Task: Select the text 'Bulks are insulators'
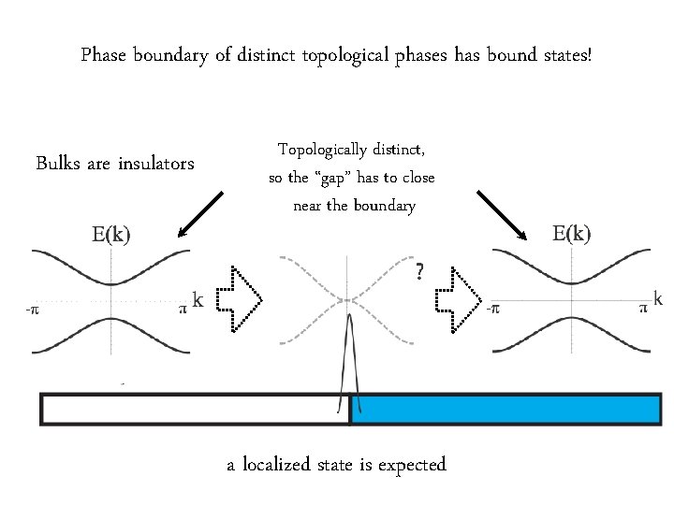coord(115,165)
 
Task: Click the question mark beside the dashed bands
coord(419,272)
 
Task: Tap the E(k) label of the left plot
coord(110,236)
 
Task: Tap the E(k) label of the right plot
coord(571,233)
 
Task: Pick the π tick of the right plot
coord(643,306)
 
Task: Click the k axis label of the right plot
coord(659,299)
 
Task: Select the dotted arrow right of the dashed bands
coord(459,298)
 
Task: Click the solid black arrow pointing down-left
coord(200,214)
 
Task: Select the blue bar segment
coord(505,410)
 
